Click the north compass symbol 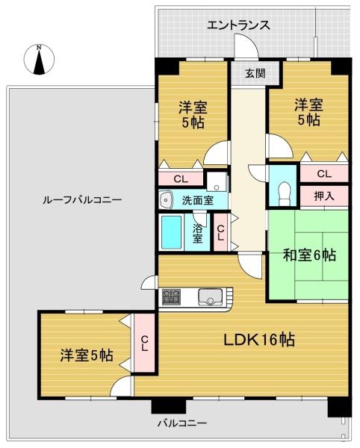click(39, 60)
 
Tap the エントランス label click(238, 25)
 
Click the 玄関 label click(255, 73)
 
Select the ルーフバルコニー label click(82, 199)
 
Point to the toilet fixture click(284, 193)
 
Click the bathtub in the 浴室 click(172, 232)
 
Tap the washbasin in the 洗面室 click(166, 199)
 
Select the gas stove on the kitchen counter click(171, 297)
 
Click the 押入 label click(324, 196)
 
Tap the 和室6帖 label click(309, 255)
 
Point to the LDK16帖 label click(259, 340)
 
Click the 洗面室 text click(198, 200)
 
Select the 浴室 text click(197, 234)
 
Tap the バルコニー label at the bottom click(182, 423)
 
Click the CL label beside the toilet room click(324, 173)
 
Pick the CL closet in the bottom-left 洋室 click(144, 343)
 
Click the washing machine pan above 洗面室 click(217, 181)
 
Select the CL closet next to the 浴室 click(220, 232)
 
